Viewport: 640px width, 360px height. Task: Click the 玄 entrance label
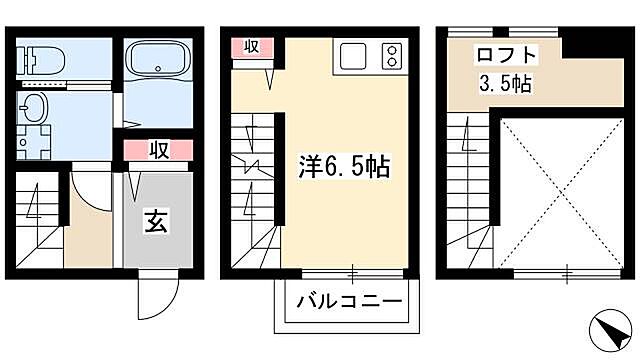pyautogui.click(x=157, y=222)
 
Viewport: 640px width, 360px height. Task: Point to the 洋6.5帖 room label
pyautogui.click(x=344, y=165)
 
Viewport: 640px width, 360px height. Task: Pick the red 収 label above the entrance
pyautogui.click(x=157, y=150)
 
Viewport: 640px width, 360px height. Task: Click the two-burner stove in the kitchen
pyautogui.click(x=391, y=55)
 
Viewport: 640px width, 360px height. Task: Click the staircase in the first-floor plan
pyautogui.click(x=40, y=225)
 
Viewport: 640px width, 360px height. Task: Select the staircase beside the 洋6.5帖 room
pyautogui.click(x=254, y=190)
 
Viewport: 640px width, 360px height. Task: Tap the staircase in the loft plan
pyautogui.click(x=469, y=190)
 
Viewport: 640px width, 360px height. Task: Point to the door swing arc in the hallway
pyautogui.click(x=88, y=190)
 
